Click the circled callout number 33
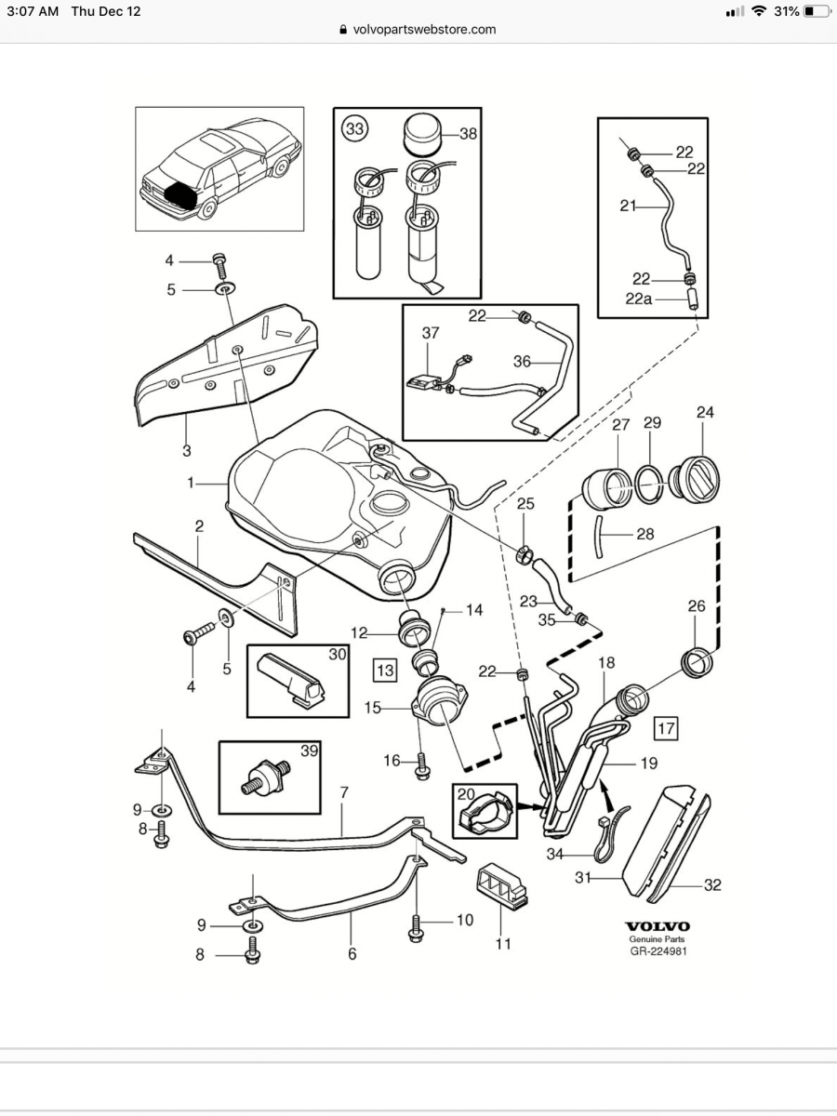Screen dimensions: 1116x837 tap(354, 129)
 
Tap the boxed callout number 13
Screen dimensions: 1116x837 tap(384, 668)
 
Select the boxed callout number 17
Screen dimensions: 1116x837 tap(665, 726)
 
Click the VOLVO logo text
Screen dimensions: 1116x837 tap(657, 926)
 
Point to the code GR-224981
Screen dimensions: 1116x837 tap(657, 951)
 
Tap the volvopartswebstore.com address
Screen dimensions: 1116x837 tap(424, 29)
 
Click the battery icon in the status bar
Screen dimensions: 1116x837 tap(816, 11)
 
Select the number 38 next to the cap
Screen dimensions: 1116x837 tap(468, 134)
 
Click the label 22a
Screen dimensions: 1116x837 tap(641, 298)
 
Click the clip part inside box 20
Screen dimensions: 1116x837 tap(483, 813)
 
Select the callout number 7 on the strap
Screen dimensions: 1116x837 tap(344, 792)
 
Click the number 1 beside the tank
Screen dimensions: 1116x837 tap(191, 483)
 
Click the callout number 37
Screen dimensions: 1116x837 tap(430, 333)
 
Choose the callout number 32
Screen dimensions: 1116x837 tap(711, 885)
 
